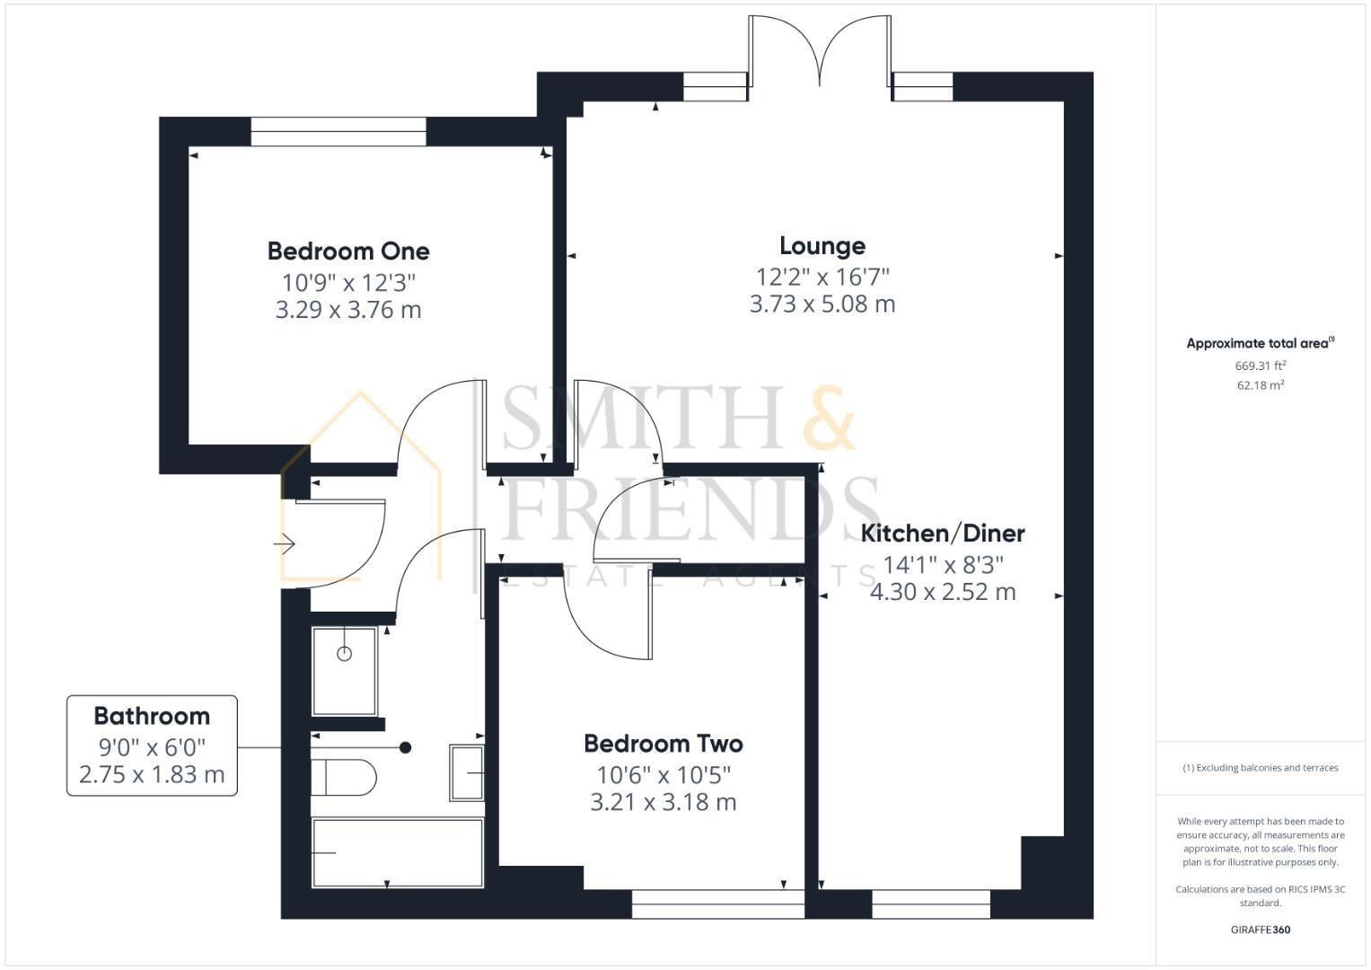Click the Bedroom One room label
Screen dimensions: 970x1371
pyautogui.click(x=348, y=251)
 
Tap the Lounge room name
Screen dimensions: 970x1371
pyautogui.click(x=822, y=245)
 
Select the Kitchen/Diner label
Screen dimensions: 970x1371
pyautogui.click(x=943, y=533)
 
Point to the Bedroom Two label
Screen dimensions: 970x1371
pyautogui.click(x=664, y=744)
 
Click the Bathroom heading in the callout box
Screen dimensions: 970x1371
pyautogui.click(x=152, y=716)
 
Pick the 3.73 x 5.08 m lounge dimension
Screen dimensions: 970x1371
pyautogui.click(x=822, y=304)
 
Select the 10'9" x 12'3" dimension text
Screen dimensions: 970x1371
pyautogui.click(x=348, y=283)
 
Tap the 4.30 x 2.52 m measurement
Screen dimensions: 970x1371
pyautogui.click(x=943, y=592)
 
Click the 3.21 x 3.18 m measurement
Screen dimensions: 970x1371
pyautogui.click(x=664, y=802)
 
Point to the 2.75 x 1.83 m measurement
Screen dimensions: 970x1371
pyautogui.click(x=152, y=774)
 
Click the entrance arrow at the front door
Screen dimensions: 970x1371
pyautogui.click(x=285, y=543)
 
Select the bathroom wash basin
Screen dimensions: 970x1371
pyautogui.click(x=467, y=772)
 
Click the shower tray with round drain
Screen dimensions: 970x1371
pyautogui.click(x=345, y=670)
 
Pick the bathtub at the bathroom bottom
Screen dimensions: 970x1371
pyautogui.click(x=397, y=852)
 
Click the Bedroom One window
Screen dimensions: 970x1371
pyautogui.click(x=338, y=131)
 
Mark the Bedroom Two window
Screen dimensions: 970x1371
pyautogui.click(x=718, y=904)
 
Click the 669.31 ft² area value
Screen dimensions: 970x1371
pyautogui.click(x=1260, y=366)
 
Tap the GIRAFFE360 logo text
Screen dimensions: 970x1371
pyautogui.click(x=1260, y=930)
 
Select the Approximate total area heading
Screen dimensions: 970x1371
pyautogui.click(x=1260, y=343)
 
